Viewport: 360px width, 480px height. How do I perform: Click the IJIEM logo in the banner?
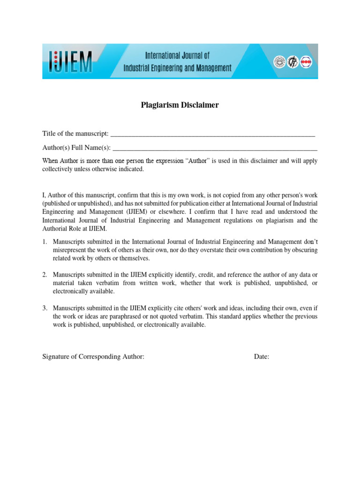pos(71,61)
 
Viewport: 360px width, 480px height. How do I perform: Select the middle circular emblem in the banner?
pos(292,61)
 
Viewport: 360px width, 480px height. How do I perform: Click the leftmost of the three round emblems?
pos(279,61)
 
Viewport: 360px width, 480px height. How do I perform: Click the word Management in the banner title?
pos(210,68)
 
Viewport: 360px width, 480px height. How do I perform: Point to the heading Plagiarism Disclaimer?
pos(180,105)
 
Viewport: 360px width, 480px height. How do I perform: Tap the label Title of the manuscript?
pos(75,134)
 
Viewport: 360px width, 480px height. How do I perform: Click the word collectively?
pos(59,169)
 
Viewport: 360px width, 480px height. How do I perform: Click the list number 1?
pos(45,242)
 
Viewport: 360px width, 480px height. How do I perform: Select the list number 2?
pos(45,274)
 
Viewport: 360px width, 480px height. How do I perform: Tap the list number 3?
pos(45,308)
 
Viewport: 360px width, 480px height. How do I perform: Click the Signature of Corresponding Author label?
pos(93,357)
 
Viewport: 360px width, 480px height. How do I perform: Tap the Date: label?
pos(262,357)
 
